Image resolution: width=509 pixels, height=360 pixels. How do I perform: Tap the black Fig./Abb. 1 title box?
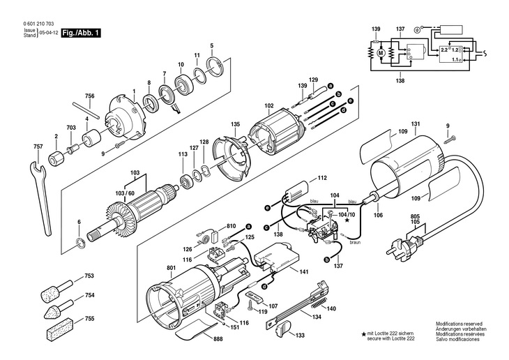pyautogui.click(x=81, y=33)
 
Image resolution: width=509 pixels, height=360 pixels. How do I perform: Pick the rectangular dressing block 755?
pyautogui.click(x=61, y=329)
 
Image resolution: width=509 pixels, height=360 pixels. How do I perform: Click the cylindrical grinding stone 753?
pyautogui.click(x=56, y=290)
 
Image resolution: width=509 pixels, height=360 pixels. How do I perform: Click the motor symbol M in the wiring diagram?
pyautogui.click(x=381, y=52)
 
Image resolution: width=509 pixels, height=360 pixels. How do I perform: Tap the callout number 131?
pyautogui.click(x=416, y=123)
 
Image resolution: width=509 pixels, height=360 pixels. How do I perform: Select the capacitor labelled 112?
pyautogui.click(x=297, y=193)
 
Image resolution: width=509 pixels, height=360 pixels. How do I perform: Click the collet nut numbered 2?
pyautogui.click(x=56, y=158)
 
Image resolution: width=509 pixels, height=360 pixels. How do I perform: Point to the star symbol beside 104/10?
pyautogui.click(x=348, y=220)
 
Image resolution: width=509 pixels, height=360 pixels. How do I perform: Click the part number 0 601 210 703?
pyautogui.click(x=38, y=24)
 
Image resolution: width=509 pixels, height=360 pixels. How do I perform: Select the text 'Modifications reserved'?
pyautogui.click(x=459, y=324)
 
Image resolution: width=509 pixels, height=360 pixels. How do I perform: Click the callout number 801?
pyautogui.click(x=171, y=268)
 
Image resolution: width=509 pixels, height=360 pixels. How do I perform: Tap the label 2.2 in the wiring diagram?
pyautogui.click(x=444, y=50)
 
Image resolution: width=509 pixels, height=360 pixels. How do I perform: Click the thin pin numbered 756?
pyautogui.click(x=86, y=110)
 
